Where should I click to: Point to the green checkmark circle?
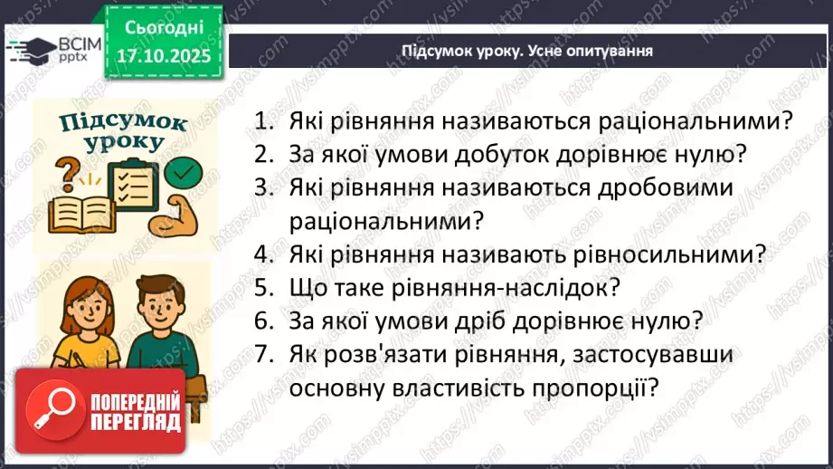point(185,169)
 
